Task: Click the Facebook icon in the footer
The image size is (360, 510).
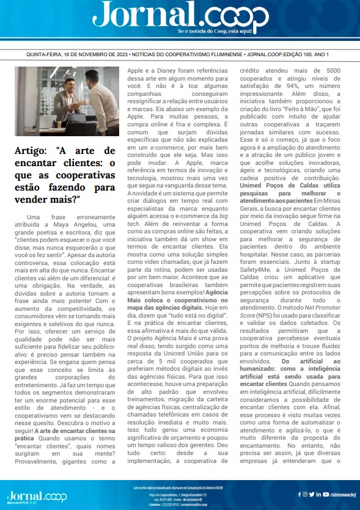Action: click(300, 494)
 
